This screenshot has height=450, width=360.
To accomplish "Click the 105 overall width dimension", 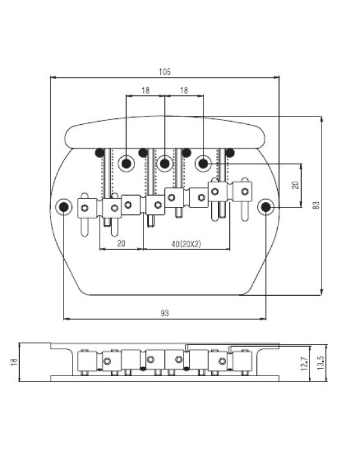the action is (x=165, y=71).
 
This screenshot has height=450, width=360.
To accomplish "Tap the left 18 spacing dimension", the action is (x=146, y=91).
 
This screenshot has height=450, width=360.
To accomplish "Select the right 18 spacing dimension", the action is (x=184, y=91).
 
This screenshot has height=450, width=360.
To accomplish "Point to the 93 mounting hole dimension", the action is (x=165, y=313).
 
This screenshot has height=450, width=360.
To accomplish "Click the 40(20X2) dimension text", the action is (x=186, y=244).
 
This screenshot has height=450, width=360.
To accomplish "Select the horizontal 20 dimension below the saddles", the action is (x=121, y=244).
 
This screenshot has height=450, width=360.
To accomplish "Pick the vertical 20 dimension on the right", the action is (x=295, y=185).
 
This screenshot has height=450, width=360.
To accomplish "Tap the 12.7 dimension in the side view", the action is (x=305, y=364).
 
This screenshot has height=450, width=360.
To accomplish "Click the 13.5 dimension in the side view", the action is (x=321, y=362).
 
